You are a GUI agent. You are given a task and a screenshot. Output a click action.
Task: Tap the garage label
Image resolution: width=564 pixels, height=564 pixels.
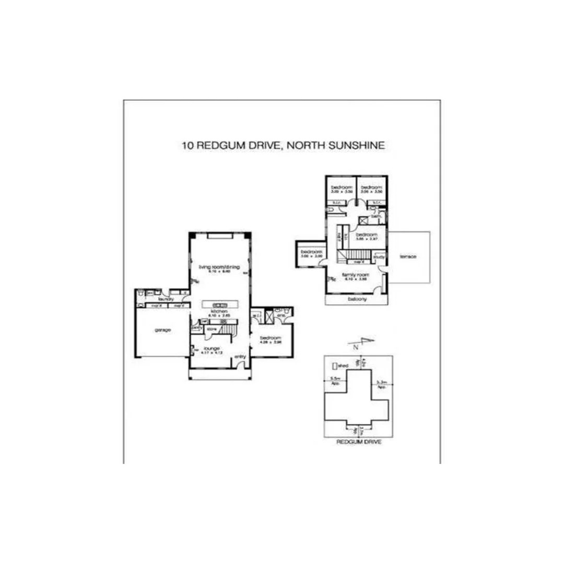click(x=162, y=330)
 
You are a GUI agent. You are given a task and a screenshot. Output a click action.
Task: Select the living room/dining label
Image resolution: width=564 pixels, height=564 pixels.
click(x=221, y=267)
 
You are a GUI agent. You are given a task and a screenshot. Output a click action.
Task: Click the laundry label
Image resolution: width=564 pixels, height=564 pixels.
click(x=166, y=299)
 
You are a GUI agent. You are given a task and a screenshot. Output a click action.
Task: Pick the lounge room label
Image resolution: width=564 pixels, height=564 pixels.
click(x=211, y=348)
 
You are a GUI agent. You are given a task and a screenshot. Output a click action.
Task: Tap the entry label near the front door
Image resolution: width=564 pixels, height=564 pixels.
click(x=240, y=356)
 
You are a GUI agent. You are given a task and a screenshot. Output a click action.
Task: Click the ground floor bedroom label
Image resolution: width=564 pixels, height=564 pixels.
click(x=271, y=338)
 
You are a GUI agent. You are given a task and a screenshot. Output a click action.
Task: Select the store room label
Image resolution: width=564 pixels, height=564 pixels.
click(x=212, y=329)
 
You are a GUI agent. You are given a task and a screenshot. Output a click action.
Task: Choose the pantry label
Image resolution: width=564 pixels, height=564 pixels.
click(x=197, y=328)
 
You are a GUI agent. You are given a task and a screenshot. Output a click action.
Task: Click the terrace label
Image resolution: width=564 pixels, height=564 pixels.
click(x=407, y=256)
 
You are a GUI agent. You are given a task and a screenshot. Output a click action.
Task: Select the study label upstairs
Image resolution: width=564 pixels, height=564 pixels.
click(x=380, y=256)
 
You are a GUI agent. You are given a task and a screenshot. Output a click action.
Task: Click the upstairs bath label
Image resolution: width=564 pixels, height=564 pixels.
click(x=375, y=216)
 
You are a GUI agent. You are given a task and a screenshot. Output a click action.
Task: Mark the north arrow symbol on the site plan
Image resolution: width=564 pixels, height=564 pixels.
click(x=363, y=343)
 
